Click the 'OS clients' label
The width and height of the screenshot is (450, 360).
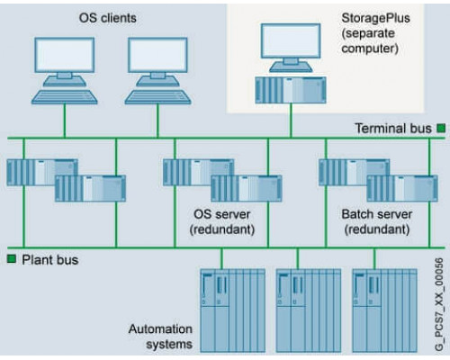coord(107,18)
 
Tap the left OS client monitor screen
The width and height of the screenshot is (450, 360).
coord(65,55)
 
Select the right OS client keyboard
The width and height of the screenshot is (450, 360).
coord(157,97)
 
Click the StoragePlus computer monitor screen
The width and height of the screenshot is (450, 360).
coord(291,40)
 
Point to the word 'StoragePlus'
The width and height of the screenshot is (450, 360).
coord(375,18)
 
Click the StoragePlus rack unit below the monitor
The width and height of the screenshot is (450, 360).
coord(291,90)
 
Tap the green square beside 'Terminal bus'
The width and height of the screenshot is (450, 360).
coord(441,129)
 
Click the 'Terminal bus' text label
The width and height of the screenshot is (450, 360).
coord(393,129)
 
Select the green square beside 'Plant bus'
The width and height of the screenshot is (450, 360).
coord(12,259)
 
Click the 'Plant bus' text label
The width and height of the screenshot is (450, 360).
coord(50,260)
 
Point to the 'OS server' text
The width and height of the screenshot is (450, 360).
coord(222,214)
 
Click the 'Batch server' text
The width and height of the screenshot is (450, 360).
coord(377,214)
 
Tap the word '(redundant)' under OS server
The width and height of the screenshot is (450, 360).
coord(222,229)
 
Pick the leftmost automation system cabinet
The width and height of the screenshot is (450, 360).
coord(232,310)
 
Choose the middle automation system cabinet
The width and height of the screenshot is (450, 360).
coord(309,310)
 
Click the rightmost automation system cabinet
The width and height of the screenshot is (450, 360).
coord(384,310)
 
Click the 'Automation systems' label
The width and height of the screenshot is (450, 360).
coord(160,337)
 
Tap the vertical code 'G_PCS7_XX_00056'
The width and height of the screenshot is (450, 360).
coord(438,304)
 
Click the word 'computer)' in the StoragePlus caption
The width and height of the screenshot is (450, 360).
coord(370,49)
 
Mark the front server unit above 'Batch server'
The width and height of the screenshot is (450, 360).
coord(402,188)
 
